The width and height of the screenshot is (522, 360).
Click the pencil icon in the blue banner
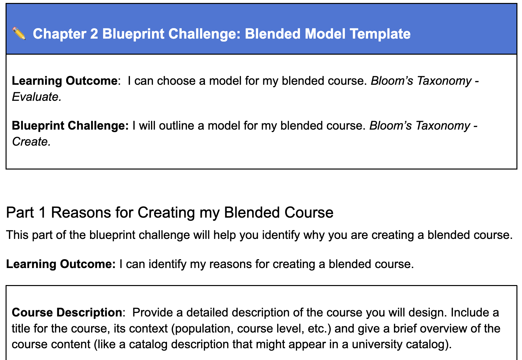19,34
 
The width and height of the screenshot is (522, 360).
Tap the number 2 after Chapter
94,34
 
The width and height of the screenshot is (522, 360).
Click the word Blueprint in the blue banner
133,34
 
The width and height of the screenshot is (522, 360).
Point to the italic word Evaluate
37,97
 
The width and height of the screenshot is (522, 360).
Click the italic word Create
31,142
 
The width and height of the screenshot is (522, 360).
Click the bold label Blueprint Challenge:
70,126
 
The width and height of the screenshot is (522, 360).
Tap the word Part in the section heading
20,212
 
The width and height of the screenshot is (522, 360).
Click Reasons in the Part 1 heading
81,212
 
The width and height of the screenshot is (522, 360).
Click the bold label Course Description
67,313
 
